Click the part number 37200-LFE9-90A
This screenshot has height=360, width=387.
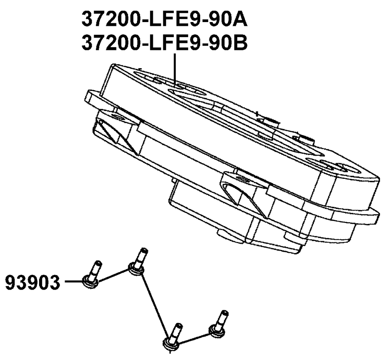[164, 19]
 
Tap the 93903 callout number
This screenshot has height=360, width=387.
[33, 283]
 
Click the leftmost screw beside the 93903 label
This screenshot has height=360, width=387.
[92, 274]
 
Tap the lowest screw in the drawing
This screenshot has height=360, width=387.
[172, 336]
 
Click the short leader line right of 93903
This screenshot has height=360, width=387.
[74, 281]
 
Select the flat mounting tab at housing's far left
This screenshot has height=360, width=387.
[93, 97]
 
